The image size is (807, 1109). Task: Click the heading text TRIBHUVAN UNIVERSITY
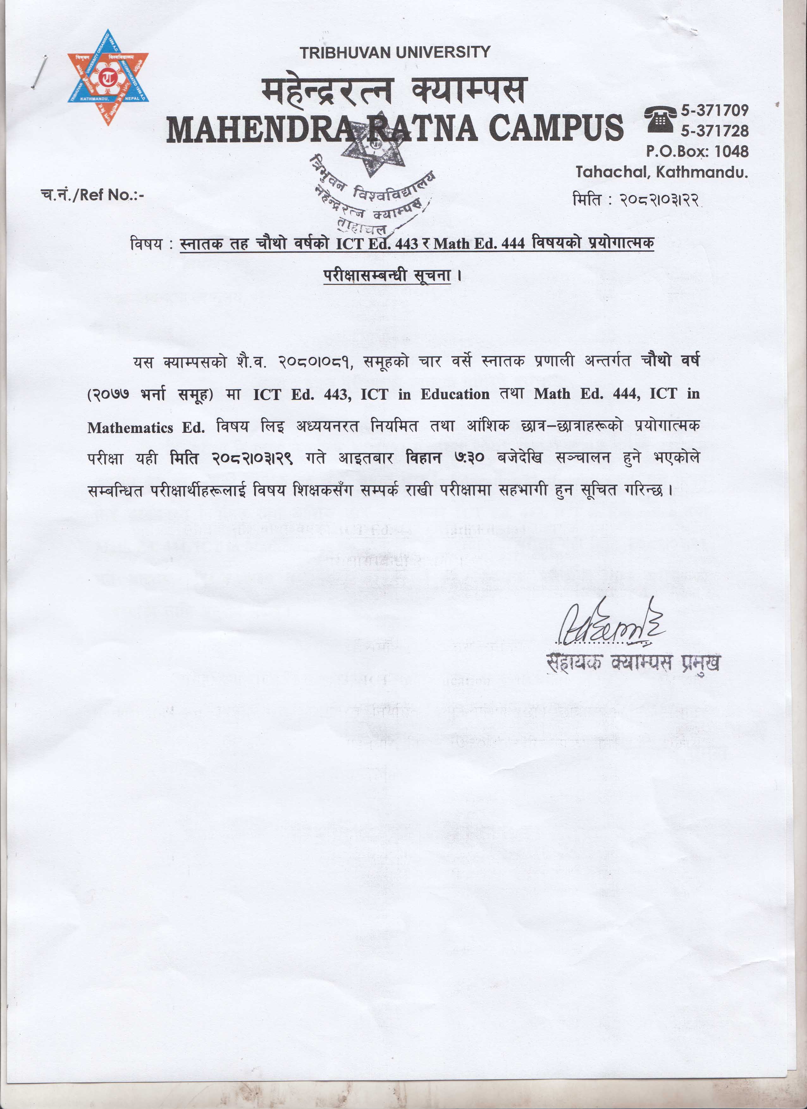click(x=395, y=52)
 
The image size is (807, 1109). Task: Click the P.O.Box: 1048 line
click(x=697, y=151)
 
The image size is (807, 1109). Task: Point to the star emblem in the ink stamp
click(x=374, y=149)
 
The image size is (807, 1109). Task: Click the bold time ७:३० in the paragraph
click(x=469, y=458)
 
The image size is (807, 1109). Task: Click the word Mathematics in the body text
click(x=130, y=428)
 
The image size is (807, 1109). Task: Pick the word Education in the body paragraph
click(x=455, y=395)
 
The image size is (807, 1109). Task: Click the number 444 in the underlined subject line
click(x=513, y=243)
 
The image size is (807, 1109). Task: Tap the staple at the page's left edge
click(x=39, y=72)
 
